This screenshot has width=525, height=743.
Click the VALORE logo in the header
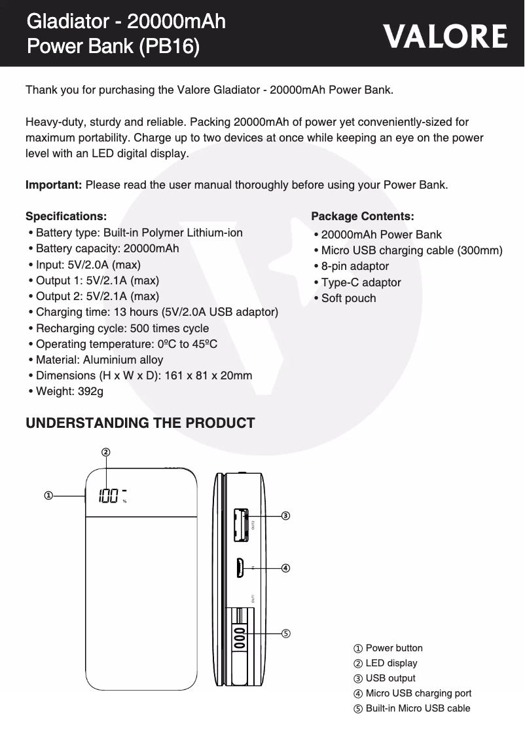(x=445, y=37)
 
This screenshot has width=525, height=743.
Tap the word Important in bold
(x=53, y=185)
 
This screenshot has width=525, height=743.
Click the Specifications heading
(x=65, y=216)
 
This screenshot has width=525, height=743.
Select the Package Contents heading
(x=362, y=216)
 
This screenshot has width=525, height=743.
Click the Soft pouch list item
(x=348, y=298)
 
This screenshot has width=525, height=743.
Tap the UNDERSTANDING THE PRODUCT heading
(x=139, y=423)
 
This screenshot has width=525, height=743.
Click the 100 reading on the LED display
(x=109, y=496)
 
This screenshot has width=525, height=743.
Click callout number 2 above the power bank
(x=105, y=452)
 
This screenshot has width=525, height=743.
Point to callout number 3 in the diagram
(x=285, y=516)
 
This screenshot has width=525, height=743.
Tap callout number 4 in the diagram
(x=285, y=567)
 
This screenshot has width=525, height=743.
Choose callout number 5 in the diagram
(x=285, y=633)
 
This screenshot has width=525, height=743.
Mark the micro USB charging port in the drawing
(x=240, y=567)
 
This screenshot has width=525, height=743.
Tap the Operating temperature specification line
(x=126, y=344)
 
